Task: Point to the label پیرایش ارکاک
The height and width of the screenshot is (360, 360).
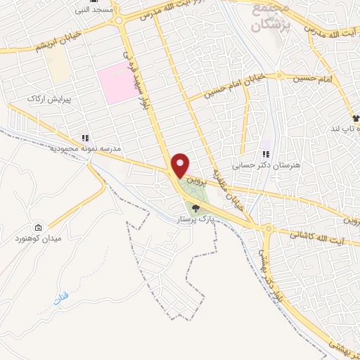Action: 45,99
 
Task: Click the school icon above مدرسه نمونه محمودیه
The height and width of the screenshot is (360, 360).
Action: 85,139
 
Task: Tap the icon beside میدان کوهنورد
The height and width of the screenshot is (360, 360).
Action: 37,228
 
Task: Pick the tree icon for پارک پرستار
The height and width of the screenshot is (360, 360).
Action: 195,207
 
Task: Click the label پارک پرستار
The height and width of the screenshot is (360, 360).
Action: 195,219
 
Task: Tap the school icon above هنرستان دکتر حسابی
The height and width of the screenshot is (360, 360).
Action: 266,154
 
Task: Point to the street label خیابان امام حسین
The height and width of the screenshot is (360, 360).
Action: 235,84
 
